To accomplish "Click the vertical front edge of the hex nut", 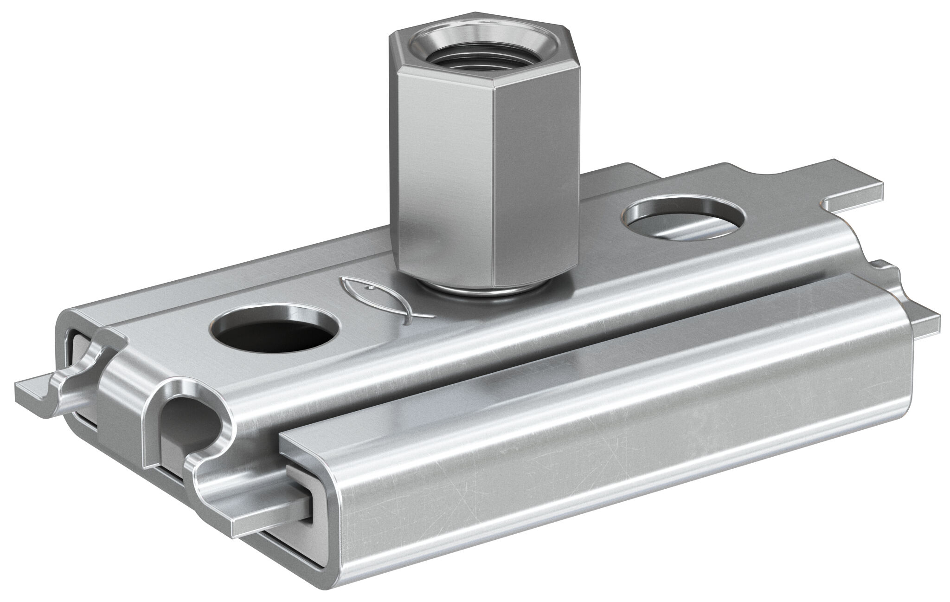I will click(493, 186).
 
